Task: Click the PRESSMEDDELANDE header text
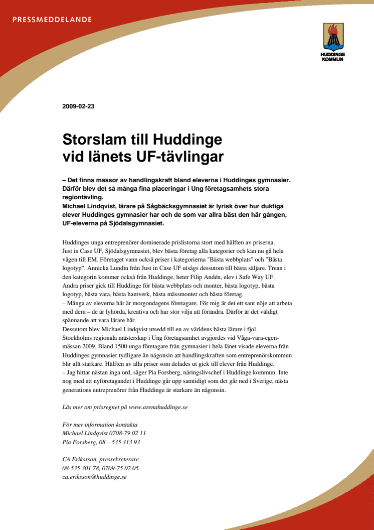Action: click(52, 20)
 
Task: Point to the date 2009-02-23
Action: click(78, 106)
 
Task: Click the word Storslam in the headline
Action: click(96, 139)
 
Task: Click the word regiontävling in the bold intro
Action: click(82, 197)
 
